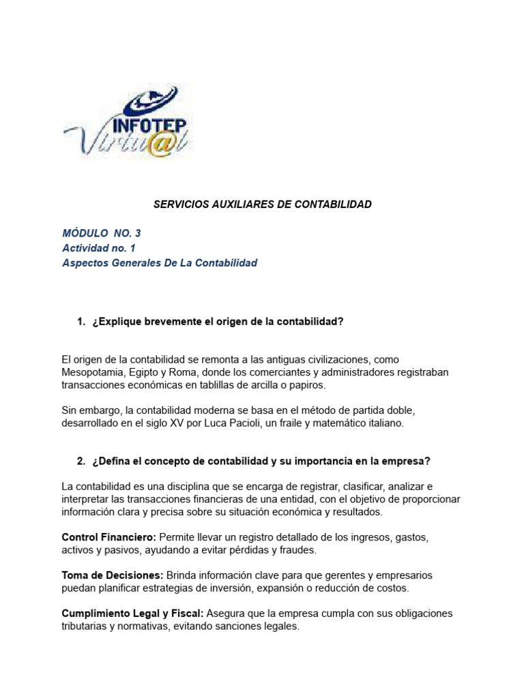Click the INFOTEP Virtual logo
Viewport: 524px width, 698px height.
pyautogui.click(x=128, y=123)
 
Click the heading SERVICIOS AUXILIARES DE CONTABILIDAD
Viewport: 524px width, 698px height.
pyautogui.click(x=261, y=204)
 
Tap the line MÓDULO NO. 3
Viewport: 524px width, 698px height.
pyautogui.click(x=101, y=233)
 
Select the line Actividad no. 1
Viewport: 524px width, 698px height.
pyautogui.click(x=99, y=248)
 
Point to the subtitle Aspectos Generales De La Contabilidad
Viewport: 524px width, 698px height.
pyautogui.click(x=160, y=263)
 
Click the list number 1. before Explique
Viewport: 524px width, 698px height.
pyautogui.click(x=81, y=322)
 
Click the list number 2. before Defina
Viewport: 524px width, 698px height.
pyautogui.click(x=81, y=461)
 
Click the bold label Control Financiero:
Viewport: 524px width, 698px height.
pyautogui.click(x=108, y=537)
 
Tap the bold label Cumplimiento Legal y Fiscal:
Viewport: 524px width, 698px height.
pyautogui.click(x=130, y=613)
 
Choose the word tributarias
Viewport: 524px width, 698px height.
pyautogui.click(x=85, y=626)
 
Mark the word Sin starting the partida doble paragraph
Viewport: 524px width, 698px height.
pyautogui.click(x=70, y=410)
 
